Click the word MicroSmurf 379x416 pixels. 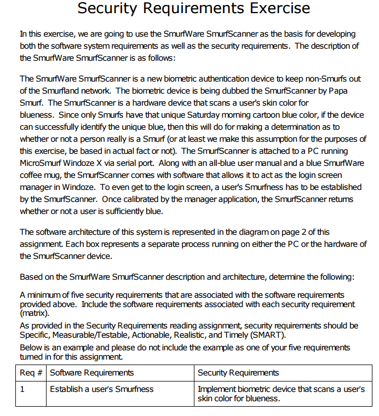click(x=43, y=163)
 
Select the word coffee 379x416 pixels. click(x=32, y=175)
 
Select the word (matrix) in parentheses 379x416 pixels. click(x=35, y=314)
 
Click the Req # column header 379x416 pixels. click(x=31, y=373)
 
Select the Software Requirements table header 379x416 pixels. click(x=91, y=373)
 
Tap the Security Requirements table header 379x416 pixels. click(x=238, y=373)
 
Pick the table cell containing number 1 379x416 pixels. click(x=22, y=389)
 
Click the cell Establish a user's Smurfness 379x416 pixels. click(x=101, y=389)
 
